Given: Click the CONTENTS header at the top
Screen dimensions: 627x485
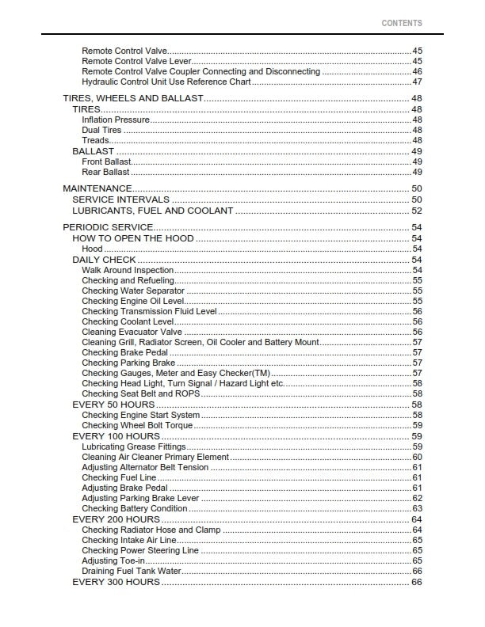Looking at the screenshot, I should tap(402, 24).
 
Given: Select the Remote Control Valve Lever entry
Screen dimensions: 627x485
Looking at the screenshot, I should tap(136, 61).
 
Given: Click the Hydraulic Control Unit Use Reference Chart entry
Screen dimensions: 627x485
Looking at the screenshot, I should tap(166, 82).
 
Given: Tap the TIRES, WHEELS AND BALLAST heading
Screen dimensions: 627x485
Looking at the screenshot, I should tap(133, 98).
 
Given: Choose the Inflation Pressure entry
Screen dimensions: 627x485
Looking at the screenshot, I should tap(116, 120).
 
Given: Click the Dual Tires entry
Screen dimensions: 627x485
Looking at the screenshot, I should tap(101, 130).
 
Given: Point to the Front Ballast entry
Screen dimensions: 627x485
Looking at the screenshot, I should tap(106, 161).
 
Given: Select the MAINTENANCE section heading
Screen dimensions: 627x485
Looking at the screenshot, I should tap(97, 188).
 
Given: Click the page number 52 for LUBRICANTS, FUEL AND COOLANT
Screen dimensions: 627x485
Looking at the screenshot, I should tap(416, 211).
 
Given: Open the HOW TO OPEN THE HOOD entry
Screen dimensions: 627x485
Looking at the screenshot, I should tap(133, 238).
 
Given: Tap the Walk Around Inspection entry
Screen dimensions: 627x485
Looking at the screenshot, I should tap(128, 270).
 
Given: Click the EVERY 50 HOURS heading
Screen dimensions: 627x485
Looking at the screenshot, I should tap(113, 405).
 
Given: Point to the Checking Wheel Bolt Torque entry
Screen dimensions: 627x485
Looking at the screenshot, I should tap(137, 425).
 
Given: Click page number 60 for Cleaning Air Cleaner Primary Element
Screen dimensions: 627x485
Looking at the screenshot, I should tap(417, 457).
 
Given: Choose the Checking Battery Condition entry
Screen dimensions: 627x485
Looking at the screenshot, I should tap(135, 508).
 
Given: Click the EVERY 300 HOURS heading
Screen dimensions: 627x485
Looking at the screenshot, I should tap(116, 582).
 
